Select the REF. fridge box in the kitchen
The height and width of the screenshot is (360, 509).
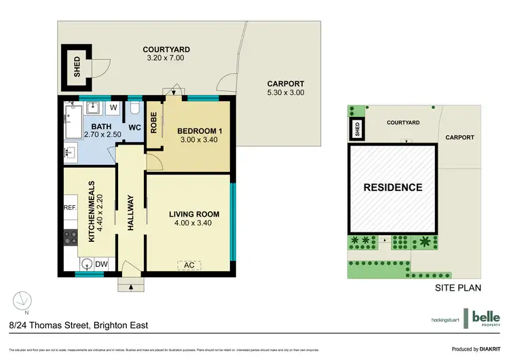tap(71, 208)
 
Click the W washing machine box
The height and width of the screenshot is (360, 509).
tap(113, 107)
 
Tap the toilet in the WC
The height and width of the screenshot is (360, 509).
tap(134, 109)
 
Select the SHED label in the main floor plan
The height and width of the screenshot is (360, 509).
tap(77, 67)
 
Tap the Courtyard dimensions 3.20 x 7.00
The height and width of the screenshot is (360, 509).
tap(166, 58)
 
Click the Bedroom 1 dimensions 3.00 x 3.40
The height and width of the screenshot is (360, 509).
tap(197, 140)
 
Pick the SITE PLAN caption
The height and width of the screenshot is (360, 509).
tap(457, 287)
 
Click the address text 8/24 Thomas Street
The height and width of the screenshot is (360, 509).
tap(79, 325)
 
